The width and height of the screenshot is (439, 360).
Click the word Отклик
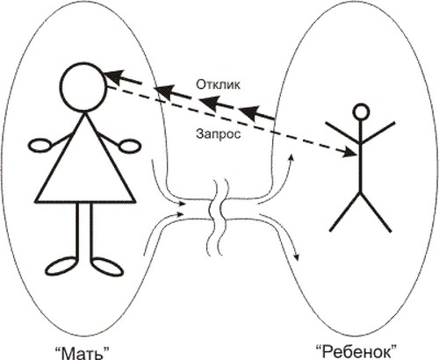pyautogui.click(x=218, y=84)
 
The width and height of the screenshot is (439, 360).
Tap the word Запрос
pyautogui.click(x=219, y=133)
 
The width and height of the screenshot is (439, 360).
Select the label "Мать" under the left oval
pyautogui.click(x=82, y=352)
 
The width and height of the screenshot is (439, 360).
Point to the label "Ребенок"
pyautogui.click(x=356, y=351)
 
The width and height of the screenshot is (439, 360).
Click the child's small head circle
pyautogui.click(x=361, y=112)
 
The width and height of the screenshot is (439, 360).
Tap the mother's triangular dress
pyautogui.click(x=85, y=158)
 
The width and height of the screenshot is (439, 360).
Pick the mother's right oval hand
pyautogui.click(x=130, y=145)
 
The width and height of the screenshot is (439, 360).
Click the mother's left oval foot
pyautogui.click(x=62, y=266)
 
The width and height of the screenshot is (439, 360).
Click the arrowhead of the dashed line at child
pyautogui.click(x=350, y=153)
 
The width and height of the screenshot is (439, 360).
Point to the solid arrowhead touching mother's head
pyautogui.click(x=113, y=77)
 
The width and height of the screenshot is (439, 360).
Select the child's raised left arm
pyautogui.click(x=342, y=133)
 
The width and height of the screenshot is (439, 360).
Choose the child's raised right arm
pyautogui.click(x=378, y=133)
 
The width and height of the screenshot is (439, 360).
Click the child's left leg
pyautogui.click(x=345, y=212)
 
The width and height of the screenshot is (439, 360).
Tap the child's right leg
pyautogui.click(x=376, y=212)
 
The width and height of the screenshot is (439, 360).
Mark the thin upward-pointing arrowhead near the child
pyautogui.click(x=291, y=157)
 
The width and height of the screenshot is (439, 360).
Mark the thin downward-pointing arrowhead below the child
pyautogui.click(x=297, y=257)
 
